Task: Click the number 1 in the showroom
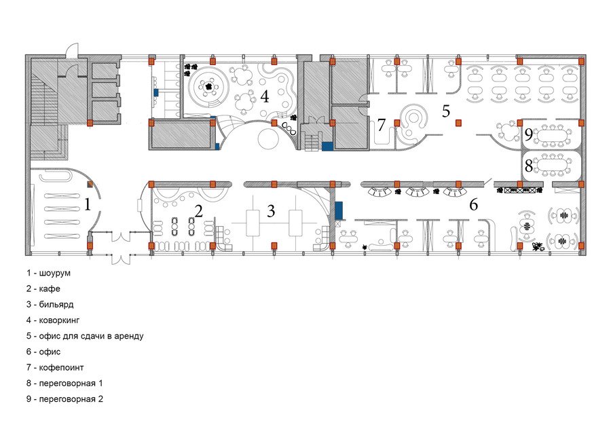pyautogui.click(x=88, y=204)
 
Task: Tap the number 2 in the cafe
pyautogui.click(x=199, y=211)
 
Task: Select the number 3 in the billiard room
pyautogui.click(x=271, y=211)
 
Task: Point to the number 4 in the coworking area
pyautogui.click(x=265, y=96)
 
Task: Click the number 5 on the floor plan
pyautogui.click(x=446, y=111)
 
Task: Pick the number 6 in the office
pyautogui.click(x=473, y=204)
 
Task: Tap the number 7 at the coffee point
pyautogui.click(x=381, y=125)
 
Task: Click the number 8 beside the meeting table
pyautogui.click(x=528, y=166)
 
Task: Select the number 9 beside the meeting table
pyautogui.click(x=528, y=135)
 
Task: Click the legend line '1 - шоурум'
pyautogui.click(x=49, y=273)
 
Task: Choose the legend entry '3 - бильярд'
pyautogui.click(x=50, y=304)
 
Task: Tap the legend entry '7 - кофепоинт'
pyautogui.click(x=55, y=367)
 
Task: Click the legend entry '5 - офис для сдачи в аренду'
pyautogui.click(x=85, y=336)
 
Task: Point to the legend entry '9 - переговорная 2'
pyautogui.click(x=64, y=399)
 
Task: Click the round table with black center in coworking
pyautogui.click(x=209, y=87)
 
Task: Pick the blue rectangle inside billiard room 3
pyautogui.click(x=339, y=211)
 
